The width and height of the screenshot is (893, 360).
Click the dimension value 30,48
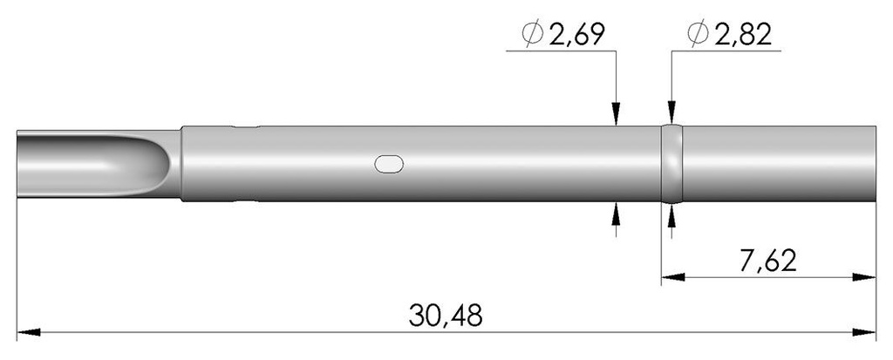click(446, 315)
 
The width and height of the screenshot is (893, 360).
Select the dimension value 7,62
click(767, 261)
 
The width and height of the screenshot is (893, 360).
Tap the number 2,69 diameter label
click(576, 36)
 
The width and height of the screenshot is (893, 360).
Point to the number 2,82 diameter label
click(744, 36)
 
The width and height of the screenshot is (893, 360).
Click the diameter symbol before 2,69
click(533, 35)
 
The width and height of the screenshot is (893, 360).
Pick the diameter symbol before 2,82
click(699, 34)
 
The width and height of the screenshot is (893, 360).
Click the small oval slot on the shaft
click(389, 164)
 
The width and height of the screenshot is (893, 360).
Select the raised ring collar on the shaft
click(672, 164)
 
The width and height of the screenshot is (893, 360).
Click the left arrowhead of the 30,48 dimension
click(29, 332)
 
